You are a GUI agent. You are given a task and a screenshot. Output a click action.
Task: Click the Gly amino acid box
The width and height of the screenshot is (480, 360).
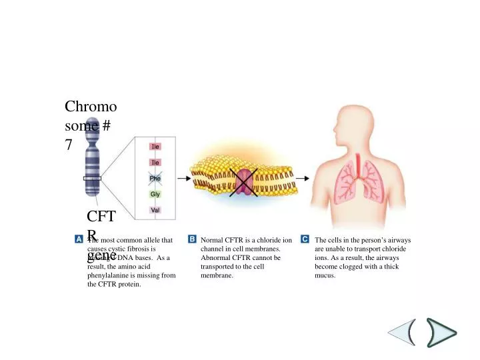[x=155, y=194]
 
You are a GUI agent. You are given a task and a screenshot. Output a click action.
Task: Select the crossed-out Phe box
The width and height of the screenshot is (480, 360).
[x=155, y=178]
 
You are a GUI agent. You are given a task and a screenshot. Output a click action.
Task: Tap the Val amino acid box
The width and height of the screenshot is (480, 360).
[x=155, y=210]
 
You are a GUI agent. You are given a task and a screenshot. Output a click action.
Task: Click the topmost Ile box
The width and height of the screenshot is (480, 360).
[x=155, y=146]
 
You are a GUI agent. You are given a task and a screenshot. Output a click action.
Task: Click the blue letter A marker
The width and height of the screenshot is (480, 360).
[x=79, y=239]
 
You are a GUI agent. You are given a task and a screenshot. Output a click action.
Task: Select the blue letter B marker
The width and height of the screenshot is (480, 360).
[x=192, y=239]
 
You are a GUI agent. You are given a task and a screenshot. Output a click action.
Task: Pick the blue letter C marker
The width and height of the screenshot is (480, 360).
[x=305, y=239]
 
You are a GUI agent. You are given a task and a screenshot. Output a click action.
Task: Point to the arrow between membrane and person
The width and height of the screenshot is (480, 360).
[x=303, y=179]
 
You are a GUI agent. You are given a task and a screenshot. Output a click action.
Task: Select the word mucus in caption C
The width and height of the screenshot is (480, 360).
[x=325, y=275]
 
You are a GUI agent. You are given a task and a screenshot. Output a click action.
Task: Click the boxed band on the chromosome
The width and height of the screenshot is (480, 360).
[x=91, y=179]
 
